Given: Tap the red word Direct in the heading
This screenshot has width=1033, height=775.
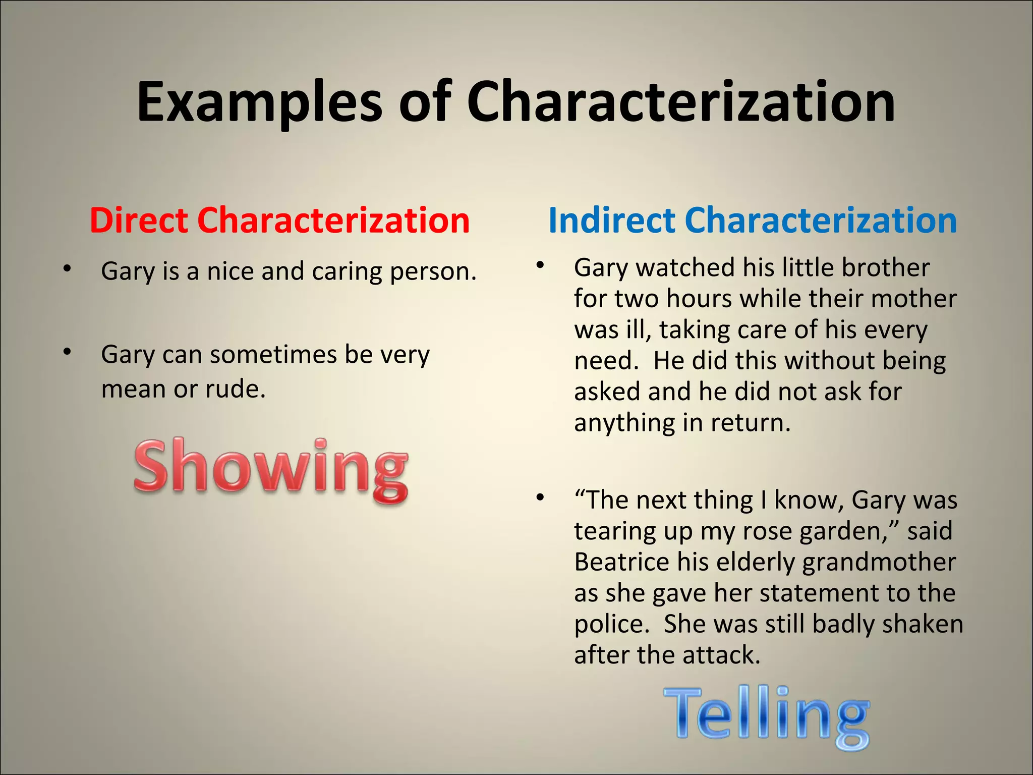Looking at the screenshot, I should [x=139, y=220].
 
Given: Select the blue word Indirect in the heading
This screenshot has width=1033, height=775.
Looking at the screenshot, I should [x=611, y=220].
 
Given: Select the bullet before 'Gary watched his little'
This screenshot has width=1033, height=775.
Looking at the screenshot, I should [x=540, y=264].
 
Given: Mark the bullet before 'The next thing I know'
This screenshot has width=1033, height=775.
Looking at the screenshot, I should [x=540, y=497].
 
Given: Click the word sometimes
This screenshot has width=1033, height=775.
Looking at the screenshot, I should [x=273, y=355].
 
